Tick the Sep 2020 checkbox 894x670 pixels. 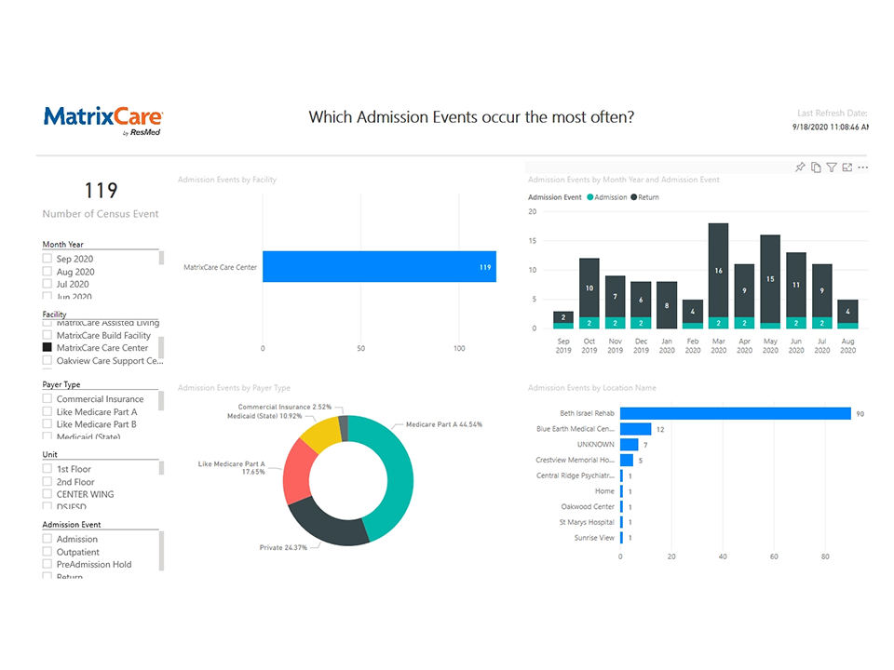[x=47, y=259]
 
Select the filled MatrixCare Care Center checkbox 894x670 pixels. [x=47, y=348]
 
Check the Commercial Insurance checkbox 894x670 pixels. [x=47, y=399]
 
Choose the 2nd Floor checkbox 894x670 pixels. [x=47, y=482]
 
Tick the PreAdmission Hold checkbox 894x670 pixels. [x=47, y=564]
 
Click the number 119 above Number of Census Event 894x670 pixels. [x=101, y=191]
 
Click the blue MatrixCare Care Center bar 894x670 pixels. [x=378, y=267]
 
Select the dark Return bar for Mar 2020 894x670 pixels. [x=718, y=270]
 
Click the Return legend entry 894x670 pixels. [x=645, y=197]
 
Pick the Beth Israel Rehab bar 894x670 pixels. [x=735, y=413]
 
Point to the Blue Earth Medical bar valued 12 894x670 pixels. [x=635, y=429]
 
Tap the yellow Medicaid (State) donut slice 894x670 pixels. [x=322, y=435]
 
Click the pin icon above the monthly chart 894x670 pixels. [x=800, y=167]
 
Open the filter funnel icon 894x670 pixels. [x=832, y=167]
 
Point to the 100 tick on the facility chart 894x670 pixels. [x=459, y=348]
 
